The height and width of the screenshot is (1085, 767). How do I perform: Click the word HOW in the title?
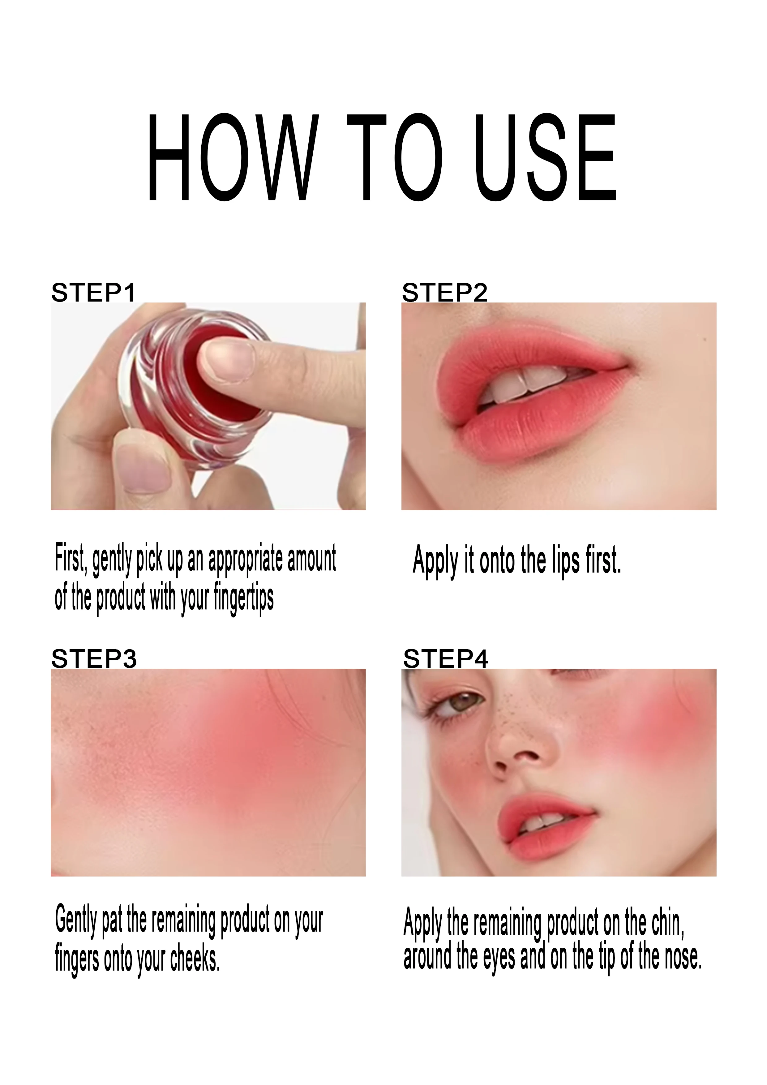[232, 157]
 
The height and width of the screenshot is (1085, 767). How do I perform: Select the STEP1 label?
[93, 293]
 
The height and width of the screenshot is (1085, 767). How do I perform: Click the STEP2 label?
[444, 293]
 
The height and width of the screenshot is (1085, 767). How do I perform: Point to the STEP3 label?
[94, 659]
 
